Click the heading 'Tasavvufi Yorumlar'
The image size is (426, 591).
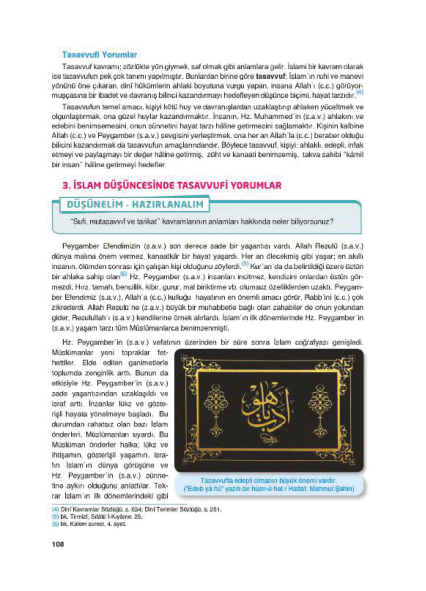(99, 55)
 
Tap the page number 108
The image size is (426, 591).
(58, 544)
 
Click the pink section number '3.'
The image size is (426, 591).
(67, 186)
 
